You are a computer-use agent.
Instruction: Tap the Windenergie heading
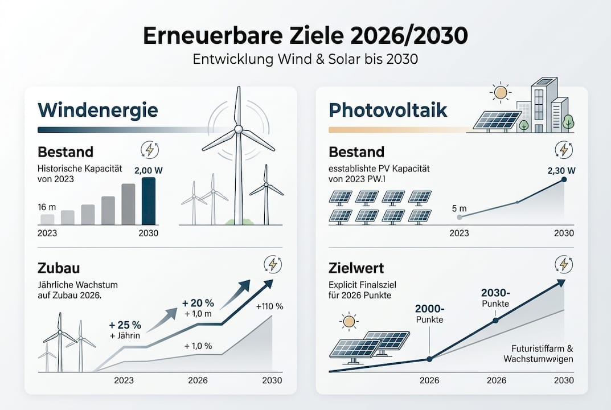[97, 109]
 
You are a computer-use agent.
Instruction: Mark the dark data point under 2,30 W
[564, 179]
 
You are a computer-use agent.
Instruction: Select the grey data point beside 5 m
[460, 217]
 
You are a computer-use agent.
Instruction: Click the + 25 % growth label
[125, 326]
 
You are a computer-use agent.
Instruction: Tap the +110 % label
[269, 306]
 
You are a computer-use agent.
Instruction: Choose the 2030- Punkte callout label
[495, 297]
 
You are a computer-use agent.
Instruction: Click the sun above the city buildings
[501, 92]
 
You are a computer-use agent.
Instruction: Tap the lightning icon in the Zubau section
[273, 264]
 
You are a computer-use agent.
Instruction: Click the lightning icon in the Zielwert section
[564, 264]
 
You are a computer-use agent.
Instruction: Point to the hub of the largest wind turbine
[238, 129]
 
